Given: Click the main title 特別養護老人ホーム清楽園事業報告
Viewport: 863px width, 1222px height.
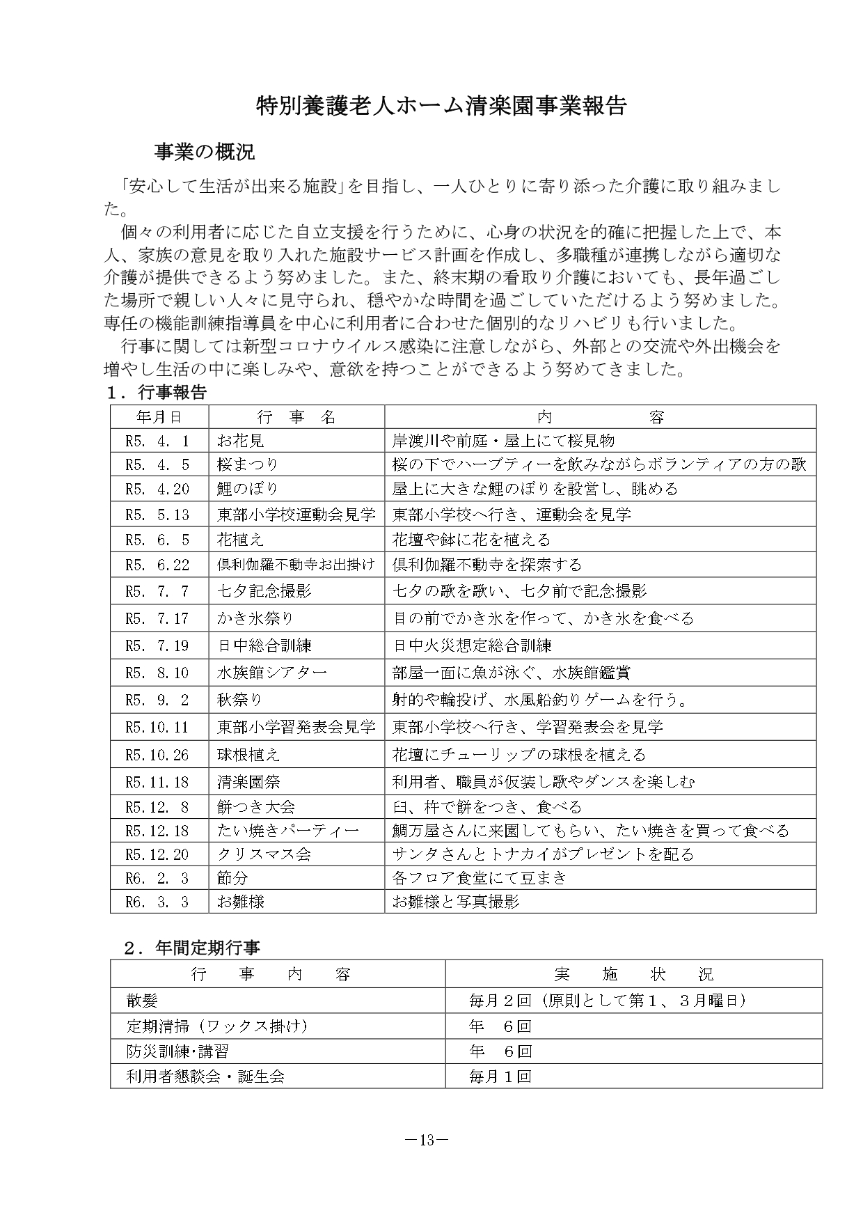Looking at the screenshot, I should click(441, 105).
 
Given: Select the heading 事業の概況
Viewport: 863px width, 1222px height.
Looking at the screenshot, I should click(204, 152).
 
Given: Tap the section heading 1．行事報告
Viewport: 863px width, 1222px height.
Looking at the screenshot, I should click(157, 393).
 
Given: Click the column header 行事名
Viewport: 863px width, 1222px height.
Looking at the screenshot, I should click(296, 416).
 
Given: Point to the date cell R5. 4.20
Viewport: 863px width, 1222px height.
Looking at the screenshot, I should click(157, 489).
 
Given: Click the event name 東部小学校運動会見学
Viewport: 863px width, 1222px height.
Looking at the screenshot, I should click(296, 515).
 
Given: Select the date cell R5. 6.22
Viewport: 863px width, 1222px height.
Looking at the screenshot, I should click(157, 565).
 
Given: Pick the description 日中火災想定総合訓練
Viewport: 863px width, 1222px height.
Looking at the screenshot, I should click(472, 645).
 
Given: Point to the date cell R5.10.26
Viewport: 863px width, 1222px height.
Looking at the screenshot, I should click(157, 755).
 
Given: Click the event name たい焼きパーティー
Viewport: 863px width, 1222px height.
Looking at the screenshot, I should click(288, 831).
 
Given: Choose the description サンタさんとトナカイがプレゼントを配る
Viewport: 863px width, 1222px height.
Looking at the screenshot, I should click(543, 854).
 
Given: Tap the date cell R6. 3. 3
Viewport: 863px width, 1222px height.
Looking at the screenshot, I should click(157, 902).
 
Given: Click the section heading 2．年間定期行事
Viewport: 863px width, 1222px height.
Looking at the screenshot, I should click(192, 948).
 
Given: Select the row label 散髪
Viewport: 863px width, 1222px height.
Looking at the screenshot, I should click(142, 1001).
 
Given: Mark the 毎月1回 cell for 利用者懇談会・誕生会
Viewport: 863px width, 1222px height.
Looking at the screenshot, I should click(500, 1076).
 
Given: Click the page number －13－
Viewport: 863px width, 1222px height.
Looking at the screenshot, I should click(427, 1140).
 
